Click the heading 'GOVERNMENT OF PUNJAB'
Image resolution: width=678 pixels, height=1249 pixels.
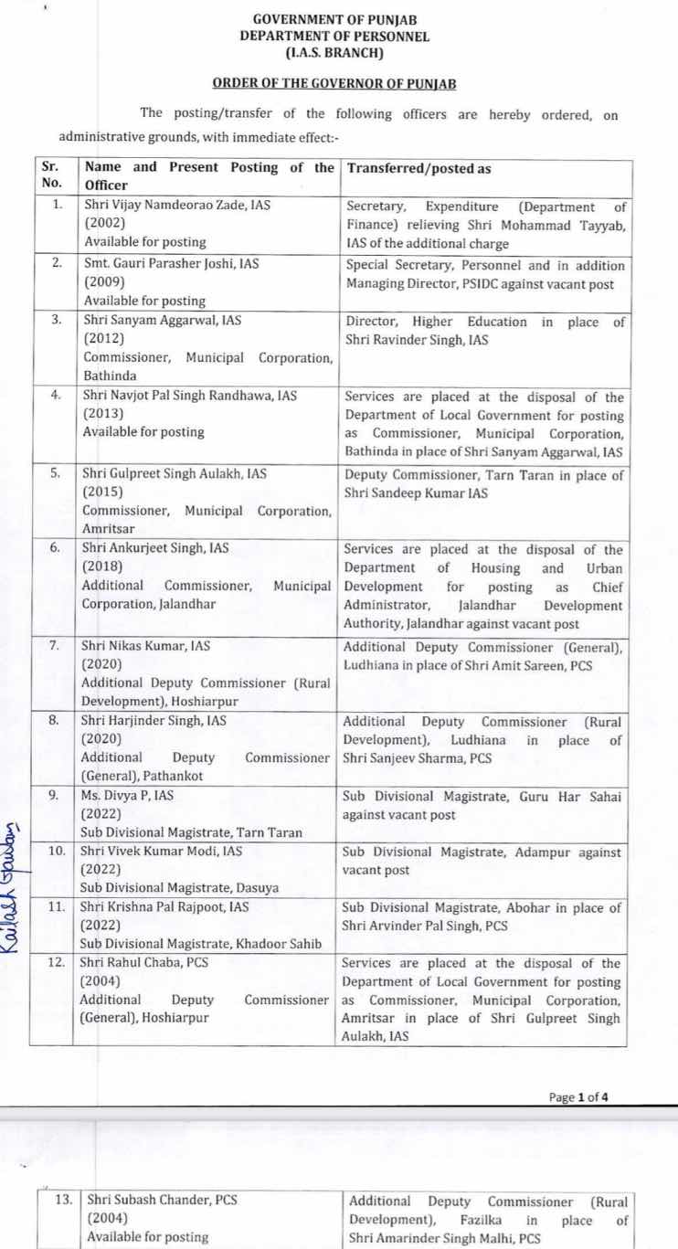tap(334, 19)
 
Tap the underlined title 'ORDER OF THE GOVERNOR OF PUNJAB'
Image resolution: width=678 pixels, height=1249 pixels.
tap(334, 83)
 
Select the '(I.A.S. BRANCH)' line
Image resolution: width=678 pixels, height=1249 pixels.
tap(334, 51)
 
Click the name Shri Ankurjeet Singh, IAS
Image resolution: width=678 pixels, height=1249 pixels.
tap(155, 549)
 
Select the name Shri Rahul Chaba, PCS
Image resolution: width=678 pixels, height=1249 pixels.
tap(152, 964)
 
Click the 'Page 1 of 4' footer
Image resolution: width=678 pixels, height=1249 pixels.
tap(578, 1097)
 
